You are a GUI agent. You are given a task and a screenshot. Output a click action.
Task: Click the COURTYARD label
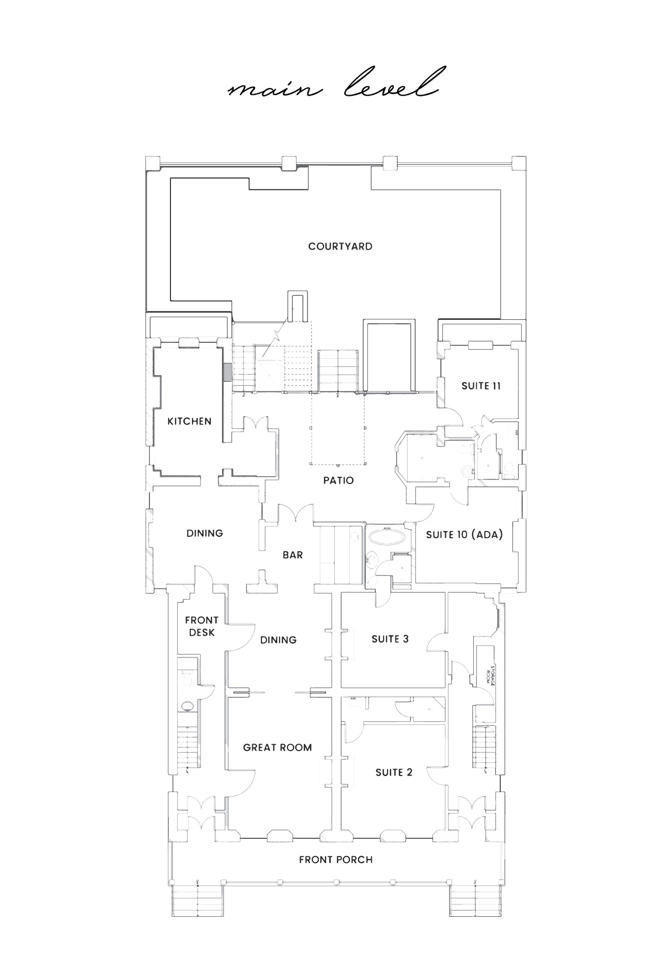pyautogui.click(x=340, y=247)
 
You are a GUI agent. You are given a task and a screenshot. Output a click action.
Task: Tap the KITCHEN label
pyautogui.click(x=190, y=421)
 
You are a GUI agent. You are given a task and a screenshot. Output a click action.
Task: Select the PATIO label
pyautogui.click(x=338, y=480)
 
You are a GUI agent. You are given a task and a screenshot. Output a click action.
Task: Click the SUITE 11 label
pyautogui.click(x=481, y=386)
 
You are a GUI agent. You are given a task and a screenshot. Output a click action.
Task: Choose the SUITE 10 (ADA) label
pyautogui.click(x=464, y=534)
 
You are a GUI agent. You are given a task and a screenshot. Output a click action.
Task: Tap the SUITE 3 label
pyautogui.click(x=390, y=639)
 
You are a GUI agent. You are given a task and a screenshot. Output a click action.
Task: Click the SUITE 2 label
pyautogui.click(x=393, y=772)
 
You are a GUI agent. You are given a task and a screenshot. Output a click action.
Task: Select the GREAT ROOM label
pyautogui.click(x=277, y=747)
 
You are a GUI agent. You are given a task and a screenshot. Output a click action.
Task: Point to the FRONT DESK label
pyautogui.click(x=202, y=626)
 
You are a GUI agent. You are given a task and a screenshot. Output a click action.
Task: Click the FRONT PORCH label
pyautogui.click(x=336, y=860)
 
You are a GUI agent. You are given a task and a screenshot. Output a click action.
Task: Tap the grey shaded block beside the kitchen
pyautogui.click(x=227, y=372)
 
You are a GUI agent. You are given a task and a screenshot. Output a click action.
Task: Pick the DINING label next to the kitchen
pyautogui.click(x=205, y=533)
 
